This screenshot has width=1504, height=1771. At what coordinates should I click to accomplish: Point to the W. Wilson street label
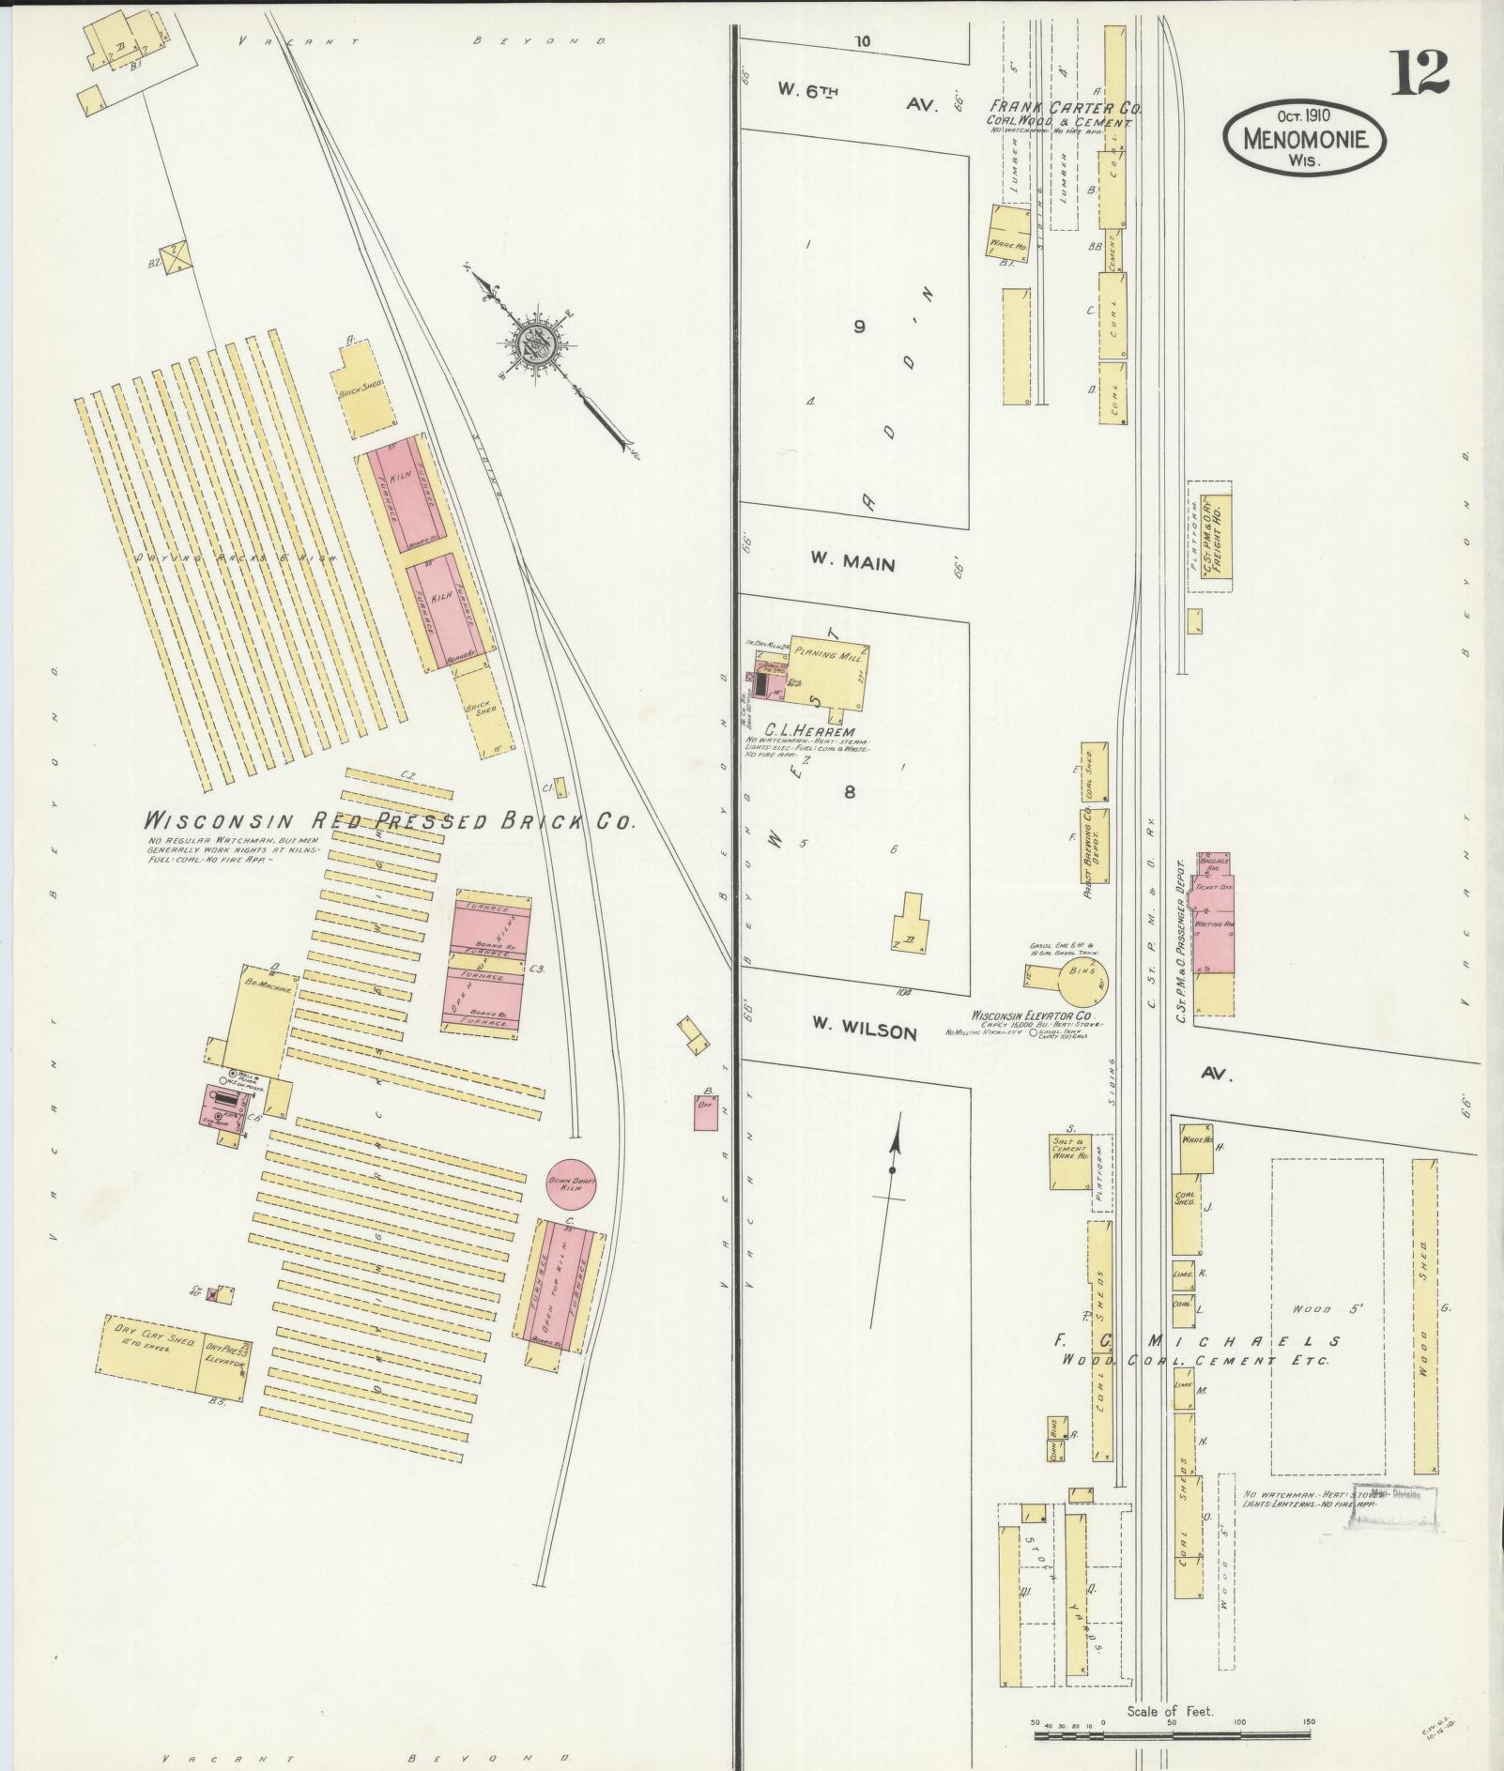(864, 1031)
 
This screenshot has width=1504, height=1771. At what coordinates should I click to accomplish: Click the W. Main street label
(853, 564)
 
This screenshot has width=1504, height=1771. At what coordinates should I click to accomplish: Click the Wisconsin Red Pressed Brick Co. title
(390, 820)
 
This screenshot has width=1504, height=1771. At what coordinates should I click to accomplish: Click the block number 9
(858, 327)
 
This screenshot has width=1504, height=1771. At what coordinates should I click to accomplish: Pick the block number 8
(849, 791)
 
